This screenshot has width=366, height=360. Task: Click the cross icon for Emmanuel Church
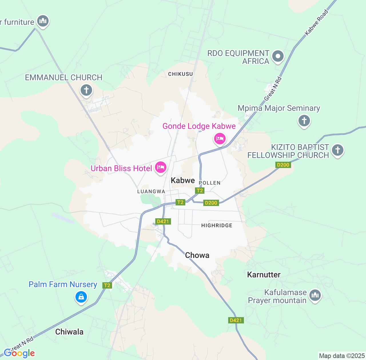(86, 90)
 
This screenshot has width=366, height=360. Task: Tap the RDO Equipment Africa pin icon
(278, 56)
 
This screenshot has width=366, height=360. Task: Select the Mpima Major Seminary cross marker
(304, 121)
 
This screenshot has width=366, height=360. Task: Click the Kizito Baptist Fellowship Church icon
(337, 150)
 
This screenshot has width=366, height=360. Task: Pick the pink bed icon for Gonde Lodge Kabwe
(220, 139)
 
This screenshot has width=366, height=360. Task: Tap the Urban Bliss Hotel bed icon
(160, 167)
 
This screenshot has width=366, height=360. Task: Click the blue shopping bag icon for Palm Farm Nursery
(81, 297)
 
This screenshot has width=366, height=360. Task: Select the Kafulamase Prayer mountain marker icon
(315, 295)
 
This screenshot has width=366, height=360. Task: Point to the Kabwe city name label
(183, 180)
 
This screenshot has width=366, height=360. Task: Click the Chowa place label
(197, 255)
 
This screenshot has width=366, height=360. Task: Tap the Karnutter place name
(264, 275)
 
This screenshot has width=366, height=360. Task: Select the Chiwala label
(69, 332)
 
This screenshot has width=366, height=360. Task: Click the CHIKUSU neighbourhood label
(180, 74)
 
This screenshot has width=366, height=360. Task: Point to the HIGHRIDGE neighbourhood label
(217, 225)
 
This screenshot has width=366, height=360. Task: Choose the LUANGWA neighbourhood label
(151, 191)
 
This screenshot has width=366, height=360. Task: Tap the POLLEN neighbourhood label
(210, 183)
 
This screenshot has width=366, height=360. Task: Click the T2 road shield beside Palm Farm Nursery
(107, 285)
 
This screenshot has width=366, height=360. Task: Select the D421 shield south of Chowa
(236, 320)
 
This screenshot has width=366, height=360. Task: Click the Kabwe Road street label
(316, 23)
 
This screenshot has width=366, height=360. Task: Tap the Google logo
(19, 353)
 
